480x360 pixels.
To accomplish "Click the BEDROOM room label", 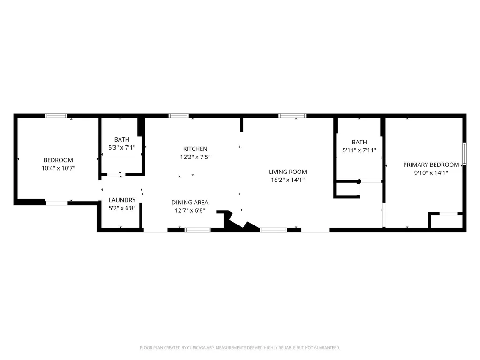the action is coord(58,160).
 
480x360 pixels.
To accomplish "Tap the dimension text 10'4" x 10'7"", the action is coord(58,168).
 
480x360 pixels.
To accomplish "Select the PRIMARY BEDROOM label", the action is coord(431,165).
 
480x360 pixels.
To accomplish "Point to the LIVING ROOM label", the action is coord(288,172).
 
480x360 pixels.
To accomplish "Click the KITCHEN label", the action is coord(195,149).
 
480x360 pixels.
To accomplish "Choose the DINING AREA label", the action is coord(190,202).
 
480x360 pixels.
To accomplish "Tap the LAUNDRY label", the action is coord(122,200).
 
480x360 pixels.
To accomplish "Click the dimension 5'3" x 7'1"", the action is coord(122,148).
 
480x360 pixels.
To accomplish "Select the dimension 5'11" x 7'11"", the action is coord(360,150).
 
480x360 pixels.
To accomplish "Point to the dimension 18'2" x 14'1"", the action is coord(288,180).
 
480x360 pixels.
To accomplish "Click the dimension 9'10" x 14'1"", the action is coord(431,172).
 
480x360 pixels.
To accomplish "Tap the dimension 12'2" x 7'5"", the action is coord(195,157).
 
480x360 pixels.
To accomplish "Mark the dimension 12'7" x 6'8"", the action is coord(190,210).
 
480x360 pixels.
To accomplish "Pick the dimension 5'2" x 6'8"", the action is coord(122,208).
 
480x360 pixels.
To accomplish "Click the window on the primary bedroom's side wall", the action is coord(465,154).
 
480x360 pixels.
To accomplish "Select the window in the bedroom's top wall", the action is coord(56,116).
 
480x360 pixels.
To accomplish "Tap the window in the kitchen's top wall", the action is coord(179,116).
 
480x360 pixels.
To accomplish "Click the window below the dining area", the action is coord(198,230).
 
